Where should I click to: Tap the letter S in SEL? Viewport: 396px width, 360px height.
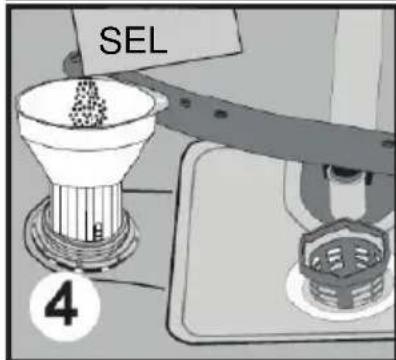108,42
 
